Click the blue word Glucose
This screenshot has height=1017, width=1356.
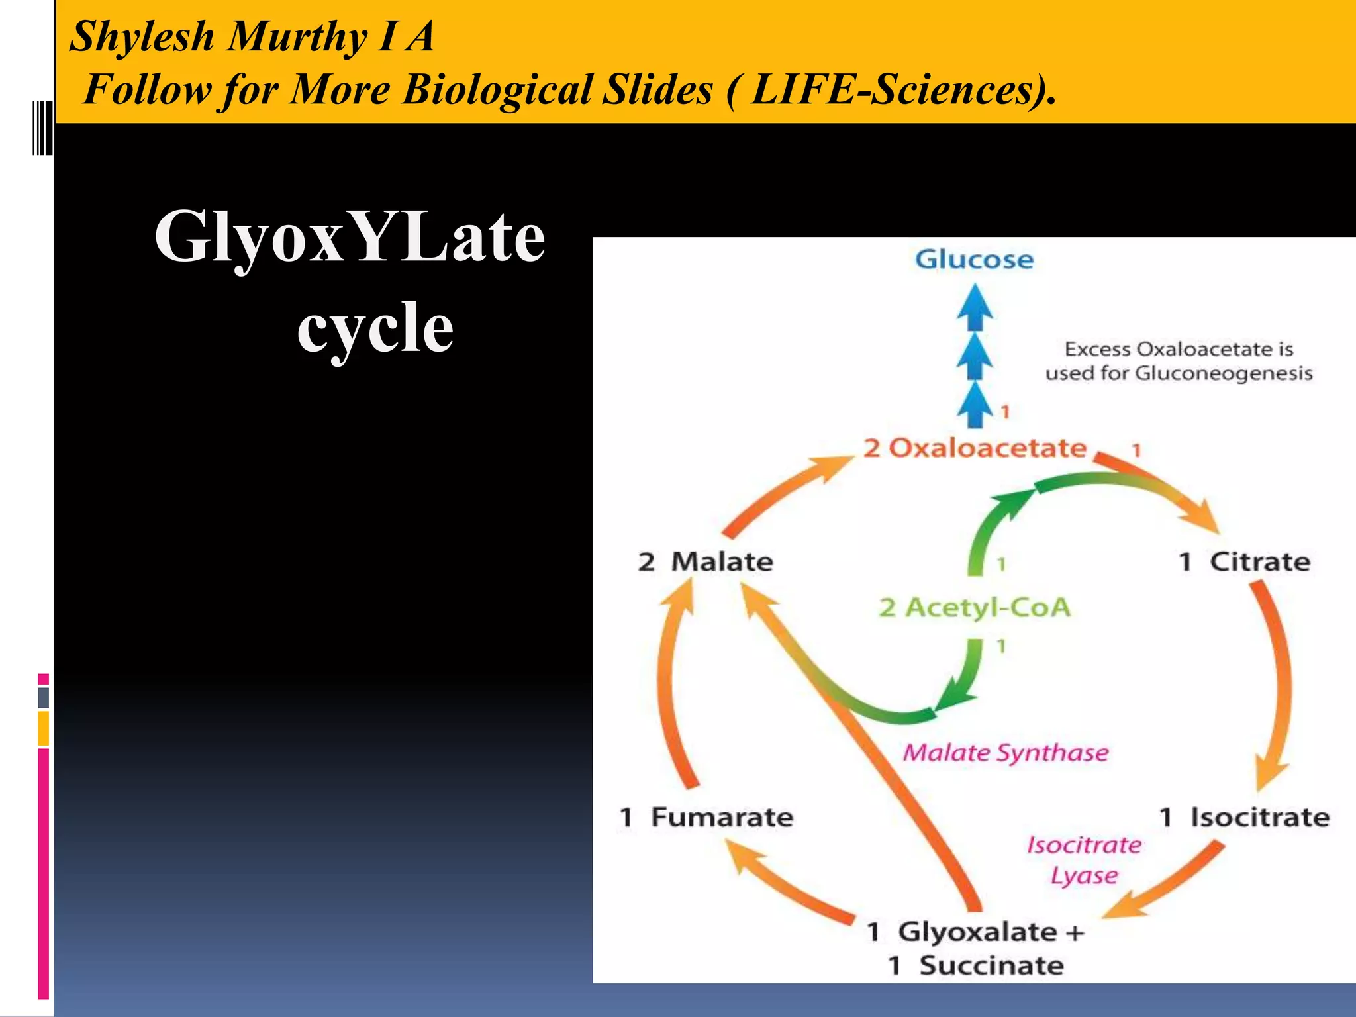click(x=974, y=259)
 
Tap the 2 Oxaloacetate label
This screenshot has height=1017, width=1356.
click(x=975, y=448)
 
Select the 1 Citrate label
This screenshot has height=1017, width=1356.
click(x=1244, y=561)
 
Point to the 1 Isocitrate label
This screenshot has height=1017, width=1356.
click(x=1244, y=817)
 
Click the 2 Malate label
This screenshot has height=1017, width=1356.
click(x=705, y=561)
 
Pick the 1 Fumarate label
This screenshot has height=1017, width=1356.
click(x=706, y=817)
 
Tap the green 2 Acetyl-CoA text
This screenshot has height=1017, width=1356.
click(x=974, y=607)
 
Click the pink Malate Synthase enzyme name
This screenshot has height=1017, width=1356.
click(x=1005, y=753)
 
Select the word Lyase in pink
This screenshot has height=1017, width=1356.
click(x=1084, y=875)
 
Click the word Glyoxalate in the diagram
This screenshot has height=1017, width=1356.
click(x=977, y=932)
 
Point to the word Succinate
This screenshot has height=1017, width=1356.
click(x=991, y=965)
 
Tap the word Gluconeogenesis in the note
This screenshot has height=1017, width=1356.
click(x=1224, y=373)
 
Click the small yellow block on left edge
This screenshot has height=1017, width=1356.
click(x=44, y=728)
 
